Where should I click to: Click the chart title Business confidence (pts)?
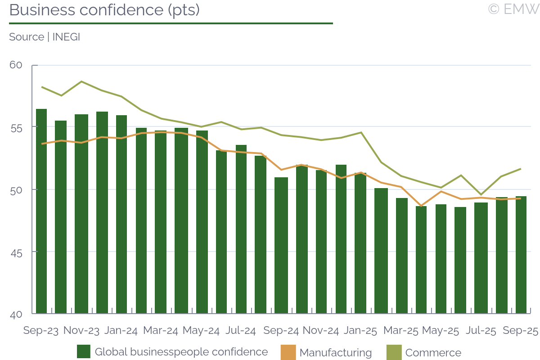[x=104, y=10]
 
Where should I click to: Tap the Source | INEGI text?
[x=45, y=37]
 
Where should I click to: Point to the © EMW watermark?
[x=513, y=9]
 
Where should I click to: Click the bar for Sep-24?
[x=281, y=245]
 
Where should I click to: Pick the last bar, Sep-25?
[x=521, y=255]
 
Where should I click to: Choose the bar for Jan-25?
[x=360, y=243]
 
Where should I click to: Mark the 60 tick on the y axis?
[x=16, y=65]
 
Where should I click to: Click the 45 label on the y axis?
[x=16, y=252]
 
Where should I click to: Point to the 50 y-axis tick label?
[x=16, y=189]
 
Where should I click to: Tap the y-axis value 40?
[x=16, y=314]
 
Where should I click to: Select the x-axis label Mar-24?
[x=161, y=331]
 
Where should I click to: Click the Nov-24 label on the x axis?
[x=320, y=331]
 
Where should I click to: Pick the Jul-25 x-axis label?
[x=481, y=331]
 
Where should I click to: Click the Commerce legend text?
[x=433, y=353]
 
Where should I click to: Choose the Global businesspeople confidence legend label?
[x=181, y=352]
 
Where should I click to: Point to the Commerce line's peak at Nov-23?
[x=81, y=81]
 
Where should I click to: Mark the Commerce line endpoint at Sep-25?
[x=521, y=169]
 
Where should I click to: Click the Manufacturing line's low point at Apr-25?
[x=422, y=206]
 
